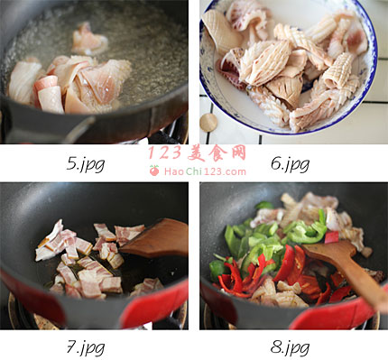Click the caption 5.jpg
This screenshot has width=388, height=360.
point(86,164)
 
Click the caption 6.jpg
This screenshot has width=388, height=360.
point(290,164)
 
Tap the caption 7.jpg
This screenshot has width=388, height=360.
point(86,347)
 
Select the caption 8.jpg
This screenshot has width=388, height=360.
point(290,347)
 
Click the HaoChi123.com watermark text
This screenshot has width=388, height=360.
point(205,171)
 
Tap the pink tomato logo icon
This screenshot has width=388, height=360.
point(154,171)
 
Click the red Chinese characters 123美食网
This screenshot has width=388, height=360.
point(197,152)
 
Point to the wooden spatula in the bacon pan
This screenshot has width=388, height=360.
point(156,238)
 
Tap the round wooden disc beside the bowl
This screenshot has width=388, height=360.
point(208,123)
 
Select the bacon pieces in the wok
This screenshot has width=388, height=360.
point(90,259)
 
